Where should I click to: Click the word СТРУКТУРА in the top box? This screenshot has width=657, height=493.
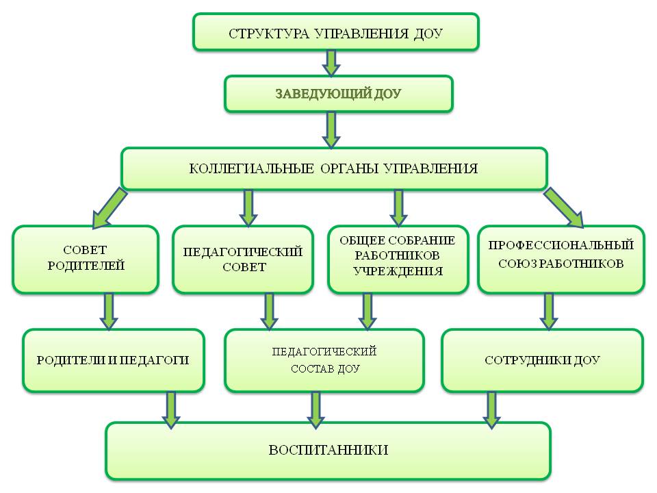[x=268, y=34]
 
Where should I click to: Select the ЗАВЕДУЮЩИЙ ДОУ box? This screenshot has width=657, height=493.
[x=339, y=94]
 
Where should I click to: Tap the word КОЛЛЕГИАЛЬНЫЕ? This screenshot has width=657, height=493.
[x=251, y=168]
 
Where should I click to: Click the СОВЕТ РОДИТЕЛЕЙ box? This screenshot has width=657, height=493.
[x=86, y=260]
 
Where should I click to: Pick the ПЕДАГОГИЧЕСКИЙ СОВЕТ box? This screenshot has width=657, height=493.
[x=243, y=260]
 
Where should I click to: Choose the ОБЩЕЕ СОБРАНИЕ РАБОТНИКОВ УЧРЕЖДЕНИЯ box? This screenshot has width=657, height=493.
[x=398, y=260]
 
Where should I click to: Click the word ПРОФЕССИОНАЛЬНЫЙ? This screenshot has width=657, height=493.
[x=561, y=245]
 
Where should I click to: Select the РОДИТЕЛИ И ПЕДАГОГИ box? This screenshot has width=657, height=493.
[x=113, y=361]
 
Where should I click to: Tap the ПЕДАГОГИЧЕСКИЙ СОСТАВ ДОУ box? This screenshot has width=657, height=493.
[x=324, y=361]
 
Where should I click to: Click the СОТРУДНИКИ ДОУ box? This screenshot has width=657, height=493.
[x=543, y=361]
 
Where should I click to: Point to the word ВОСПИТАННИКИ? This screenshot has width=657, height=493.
[x=328, y=451]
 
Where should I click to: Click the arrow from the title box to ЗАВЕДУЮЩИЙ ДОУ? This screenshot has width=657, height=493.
[x=331, y=63]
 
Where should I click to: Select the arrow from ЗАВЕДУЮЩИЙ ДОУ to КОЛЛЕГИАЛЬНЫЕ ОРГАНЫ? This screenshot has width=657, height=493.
[x=331, y=130]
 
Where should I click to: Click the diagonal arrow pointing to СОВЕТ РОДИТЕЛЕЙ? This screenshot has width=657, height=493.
[x=109, y=208]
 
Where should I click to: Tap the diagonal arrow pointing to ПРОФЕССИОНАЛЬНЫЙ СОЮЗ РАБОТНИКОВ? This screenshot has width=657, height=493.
[x=564, y=207]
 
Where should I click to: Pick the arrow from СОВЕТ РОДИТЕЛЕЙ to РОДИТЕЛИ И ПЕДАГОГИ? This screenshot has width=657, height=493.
[x=109, y=312]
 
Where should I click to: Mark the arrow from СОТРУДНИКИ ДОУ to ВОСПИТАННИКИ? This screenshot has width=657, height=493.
[x=491, y=410]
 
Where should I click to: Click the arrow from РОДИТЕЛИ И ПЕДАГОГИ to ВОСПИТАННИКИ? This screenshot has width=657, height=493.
[x=171, y=410]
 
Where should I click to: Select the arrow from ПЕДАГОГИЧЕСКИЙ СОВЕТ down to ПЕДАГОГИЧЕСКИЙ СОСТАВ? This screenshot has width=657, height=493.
[x=270, y=312]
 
